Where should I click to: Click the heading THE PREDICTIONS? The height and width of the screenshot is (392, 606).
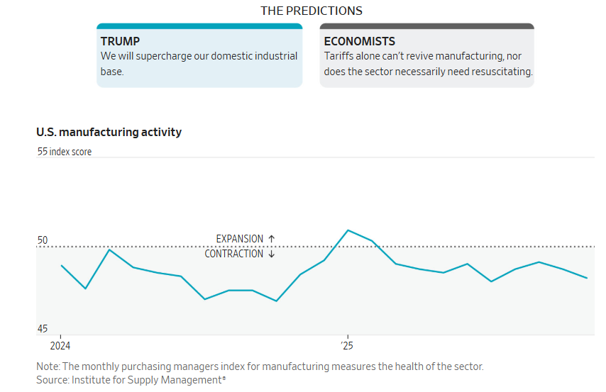coord(311,11)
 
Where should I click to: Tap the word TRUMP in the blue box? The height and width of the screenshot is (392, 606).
coord(120,41)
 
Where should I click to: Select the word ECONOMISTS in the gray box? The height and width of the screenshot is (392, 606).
coord(360,41)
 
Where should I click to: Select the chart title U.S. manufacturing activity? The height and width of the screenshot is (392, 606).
coord(109,132)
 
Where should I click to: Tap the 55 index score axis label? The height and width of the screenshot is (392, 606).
coord(65,152)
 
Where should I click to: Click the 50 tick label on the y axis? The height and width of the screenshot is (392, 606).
coord(43,240)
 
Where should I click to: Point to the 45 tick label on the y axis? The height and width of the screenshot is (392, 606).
coord(43,329)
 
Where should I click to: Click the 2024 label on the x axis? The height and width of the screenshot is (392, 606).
coord(60,346)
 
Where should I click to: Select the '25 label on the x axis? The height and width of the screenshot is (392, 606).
coord(347,346)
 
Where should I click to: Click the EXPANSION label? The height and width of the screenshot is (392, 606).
coord(240,239)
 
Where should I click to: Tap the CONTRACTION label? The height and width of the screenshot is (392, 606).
coord(234,254)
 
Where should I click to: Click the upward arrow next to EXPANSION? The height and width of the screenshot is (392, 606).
coord(271,239)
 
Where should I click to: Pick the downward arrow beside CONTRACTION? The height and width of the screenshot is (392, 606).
coord(271,254)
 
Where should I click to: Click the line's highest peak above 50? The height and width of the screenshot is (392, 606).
coord(348,230)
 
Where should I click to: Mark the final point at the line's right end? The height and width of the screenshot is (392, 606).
coord(587,278)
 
